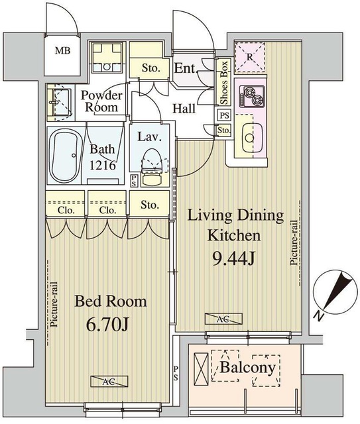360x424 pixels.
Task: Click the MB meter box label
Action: point(63,50)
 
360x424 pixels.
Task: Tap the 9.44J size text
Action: point(233,260)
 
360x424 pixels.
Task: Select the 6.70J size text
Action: point(107,325)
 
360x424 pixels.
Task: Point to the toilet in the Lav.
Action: point(152,167)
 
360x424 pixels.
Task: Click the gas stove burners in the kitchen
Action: point(251,97)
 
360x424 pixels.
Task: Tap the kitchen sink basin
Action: point(252,138)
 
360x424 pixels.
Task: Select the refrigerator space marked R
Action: point(249,58)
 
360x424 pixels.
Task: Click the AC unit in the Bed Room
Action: point(109,382)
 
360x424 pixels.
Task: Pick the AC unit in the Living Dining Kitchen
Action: point(223,319)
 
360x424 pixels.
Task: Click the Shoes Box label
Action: point(224,82)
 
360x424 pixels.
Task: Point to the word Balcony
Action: point(247,368)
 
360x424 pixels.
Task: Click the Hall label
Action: point(184,109)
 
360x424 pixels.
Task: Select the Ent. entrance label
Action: point(185,68)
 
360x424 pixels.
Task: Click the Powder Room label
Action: point(101,101)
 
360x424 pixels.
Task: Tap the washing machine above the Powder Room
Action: point(107,57)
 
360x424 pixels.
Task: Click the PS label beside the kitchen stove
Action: point(224,115)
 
